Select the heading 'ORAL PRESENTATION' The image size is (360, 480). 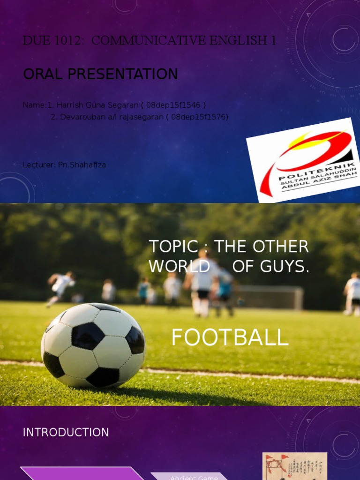(100, 74)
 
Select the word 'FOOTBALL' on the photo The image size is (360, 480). (230, 337)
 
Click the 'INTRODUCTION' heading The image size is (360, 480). (66, 432)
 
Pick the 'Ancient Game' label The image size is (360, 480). (194, 477)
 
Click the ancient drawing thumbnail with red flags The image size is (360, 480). (294, 466)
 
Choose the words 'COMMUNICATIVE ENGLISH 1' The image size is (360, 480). (184, 41)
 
